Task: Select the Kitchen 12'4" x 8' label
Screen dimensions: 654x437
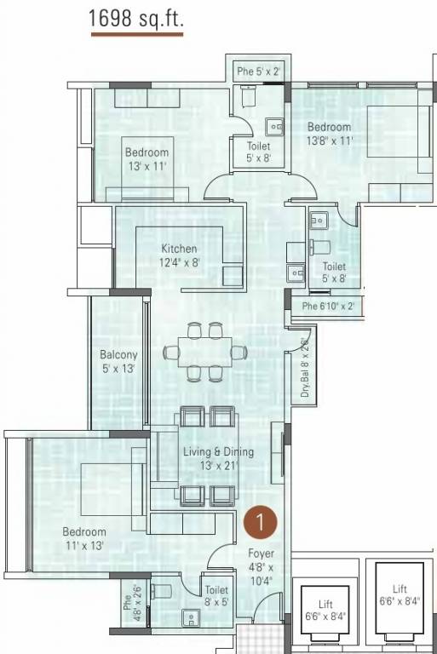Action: pyautogui.click(x=179, y=255)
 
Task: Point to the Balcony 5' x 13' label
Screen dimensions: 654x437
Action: pyautogui.click(x=118, y=361)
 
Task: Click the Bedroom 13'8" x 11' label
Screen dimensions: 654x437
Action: pyautogui.click(x=330, y=134)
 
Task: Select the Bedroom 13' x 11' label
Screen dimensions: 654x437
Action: pyautogui.click(x=147, y=159)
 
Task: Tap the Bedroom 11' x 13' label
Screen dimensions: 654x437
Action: pyautogui.click(x=83, y=538)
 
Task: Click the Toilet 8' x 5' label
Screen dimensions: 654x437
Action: pyautogui.click(x=216, y=594)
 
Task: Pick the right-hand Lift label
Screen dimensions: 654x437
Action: pyautogui.click(x=400, y=594)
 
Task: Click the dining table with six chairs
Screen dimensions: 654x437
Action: pyautogui.click(x=204, y=350)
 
